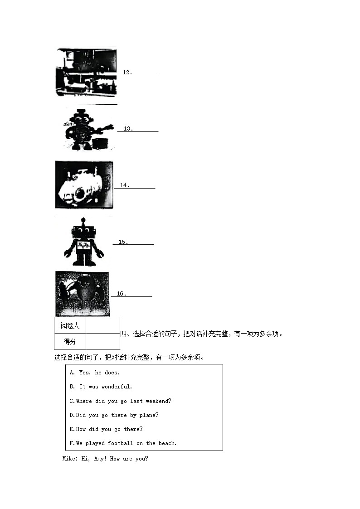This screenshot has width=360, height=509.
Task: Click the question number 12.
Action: pyautogui.click(x=127, y=73)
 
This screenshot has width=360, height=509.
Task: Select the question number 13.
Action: pyautogui.click(x=128, y=129)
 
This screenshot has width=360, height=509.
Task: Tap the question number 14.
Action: pyautogui.click(x=125, y=185)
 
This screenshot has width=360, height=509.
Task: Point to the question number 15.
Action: pyautogui.click(x=123, y=242)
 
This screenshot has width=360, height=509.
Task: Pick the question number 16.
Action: pyautogui.click(x=121, y=294)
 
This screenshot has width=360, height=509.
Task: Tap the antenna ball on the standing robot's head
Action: pyautogui.click(x=83, y=221)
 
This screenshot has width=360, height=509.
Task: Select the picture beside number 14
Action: pyautogui.click(x=84, y=185)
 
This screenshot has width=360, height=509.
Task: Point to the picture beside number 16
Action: pyautogui.click(x=82, y=294)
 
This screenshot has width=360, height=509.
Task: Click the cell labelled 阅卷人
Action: pyautogui.click(x=70, y=325)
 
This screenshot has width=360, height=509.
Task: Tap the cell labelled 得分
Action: pyautogui.click(x=70, y=342)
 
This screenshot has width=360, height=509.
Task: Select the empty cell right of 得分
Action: pyautogui.click(x=102, y=342)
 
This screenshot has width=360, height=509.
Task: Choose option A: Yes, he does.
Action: pyautogui.click(x=94, y=373)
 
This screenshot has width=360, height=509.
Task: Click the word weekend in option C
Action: pyautogui.click(x=158, y=401)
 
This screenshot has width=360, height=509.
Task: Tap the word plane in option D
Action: pyautogui.click(x=149, y=415)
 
